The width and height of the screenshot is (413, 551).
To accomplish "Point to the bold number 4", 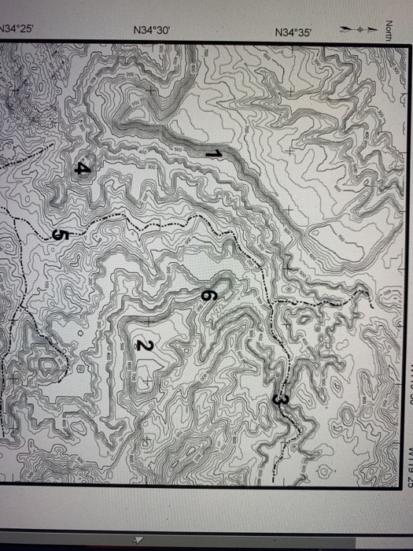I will pyautogui.click(x=83, y=168).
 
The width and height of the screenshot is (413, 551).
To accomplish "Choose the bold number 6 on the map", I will pyautogui.click(x=208, y=295).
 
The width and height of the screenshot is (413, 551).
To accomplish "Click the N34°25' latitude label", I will pyautogui.click(x=16, y=28).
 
